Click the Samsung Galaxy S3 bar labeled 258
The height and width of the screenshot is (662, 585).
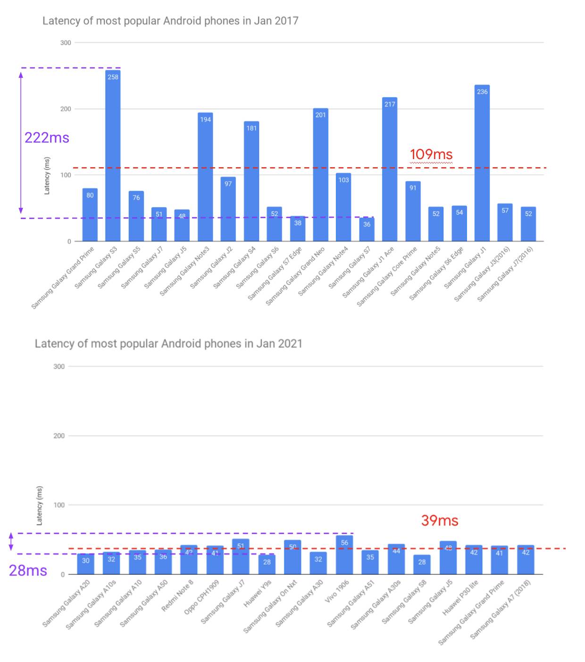pyautogui.click(x=113, y=156)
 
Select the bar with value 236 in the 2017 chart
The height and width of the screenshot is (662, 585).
pyautogui.click(x=482, y=163)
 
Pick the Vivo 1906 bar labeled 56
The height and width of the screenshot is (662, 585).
pyautogui.click(x=344, y=555)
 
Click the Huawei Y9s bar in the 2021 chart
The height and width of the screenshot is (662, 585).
pyautogui.click(x=267, y=564)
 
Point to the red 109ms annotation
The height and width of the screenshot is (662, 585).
pyautogui.click(x=431, y=154)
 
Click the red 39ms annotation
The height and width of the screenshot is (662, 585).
pyautogui.click(x=439, y=520)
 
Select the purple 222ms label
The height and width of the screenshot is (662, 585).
pyautogui.click(x=47, y=137)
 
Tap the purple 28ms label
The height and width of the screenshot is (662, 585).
pyautogui.click(x=28, y=570)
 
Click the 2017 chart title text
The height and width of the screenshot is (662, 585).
pyautogui.click(x=170, y=21)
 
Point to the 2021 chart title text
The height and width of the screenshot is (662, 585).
pyautogui.click(x=168, y=343)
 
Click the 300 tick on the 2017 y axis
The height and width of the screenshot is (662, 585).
pyautogui.click(x=66, y=42)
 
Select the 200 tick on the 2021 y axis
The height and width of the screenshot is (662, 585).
pyautogui.click(x=59, y=436)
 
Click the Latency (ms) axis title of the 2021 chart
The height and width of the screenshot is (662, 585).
pyautogui.click(x=39, y=505)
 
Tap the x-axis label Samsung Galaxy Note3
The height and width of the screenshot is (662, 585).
pyautogui.click(x=185, y=271)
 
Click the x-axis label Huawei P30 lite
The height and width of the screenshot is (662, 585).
pyautogui.click(x=460, y=597)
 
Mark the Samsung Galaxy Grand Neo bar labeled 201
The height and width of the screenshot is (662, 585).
pyautogui.click(x=321, y=175)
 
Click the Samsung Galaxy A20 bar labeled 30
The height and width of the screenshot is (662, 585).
pyautogui.click(x=85, y=564)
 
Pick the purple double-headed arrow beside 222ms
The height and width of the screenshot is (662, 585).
pyautogui.click(x=21, y=142)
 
